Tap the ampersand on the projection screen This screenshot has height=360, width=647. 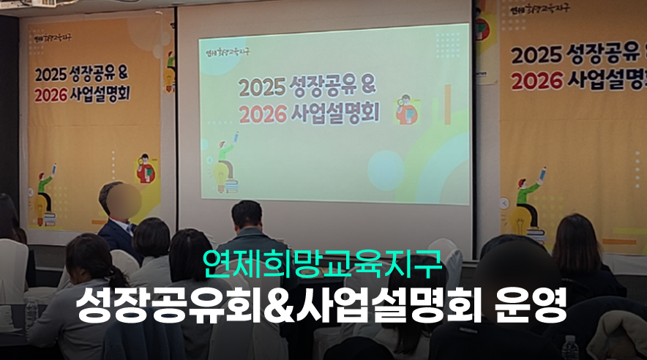367,86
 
